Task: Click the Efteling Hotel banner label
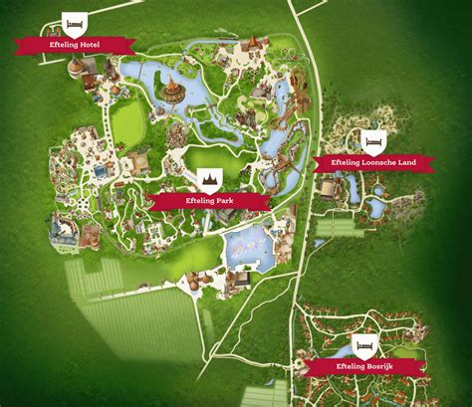[76, 44]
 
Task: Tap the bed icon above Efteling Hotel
[74, 21]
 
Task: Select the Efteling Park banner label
[211, 200]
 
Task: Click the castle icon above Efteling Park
[211, 177]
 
